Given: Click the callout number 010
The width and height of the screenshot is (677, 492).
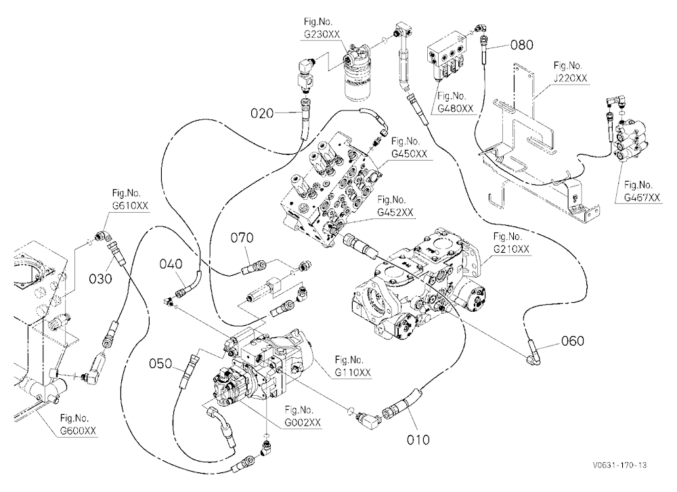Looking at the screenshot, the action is click(418, 440).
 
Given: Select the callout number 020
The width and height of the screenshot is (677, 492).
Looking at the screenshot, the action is click(262, 113).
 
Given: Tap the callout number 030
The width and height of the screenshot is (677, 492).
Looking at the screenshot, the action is click(100, 279).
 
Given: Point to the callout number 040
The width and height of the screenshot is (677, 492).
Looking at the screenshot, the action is click(171, 264).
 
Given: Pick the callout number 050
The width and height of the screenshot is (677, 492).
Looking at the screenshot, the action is click(160, 364).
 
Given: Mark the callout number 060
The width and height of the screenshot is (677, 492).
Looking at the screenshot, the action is click(573, 341).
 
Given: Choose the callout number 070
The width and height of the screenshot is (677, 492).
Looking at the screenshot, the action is click(242, 238).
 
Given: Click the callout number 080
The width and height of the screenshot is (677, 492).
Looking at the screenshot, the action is click(521, 45).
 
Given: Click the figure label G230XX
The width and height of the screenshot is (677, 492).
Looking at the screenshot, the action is click(322, 35).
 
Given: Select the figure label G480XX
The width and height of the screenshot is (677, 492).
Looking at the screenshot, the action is click(455, 108).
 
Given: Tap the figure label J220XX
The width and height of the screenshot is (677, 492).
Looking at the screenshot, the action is click(570, 78).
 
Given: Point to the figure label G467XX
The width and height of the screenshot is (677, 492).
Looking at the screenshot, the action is click(642, 198).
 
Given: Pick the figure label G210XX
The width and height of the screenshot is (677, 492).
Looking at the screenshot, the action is click(511, 249).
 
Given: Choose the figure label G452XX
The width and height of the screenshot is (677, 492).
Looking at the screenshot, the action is click(395, 212).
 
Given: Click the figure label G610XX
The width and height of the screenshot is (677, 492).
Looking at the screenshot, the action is click(130, 205).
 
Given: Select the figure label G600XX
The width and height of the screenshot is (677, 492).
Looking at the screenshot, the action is click(78, 430).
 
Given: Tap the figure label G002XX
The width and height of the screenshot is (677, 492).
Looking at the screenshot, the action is click(303, 422).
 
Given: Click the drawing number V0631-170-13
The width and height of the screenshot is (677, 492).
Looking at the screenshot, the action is click(619, 465).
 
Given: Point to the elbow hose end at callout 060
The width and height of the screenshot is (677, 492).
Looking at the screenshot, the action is click(533, 352).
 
